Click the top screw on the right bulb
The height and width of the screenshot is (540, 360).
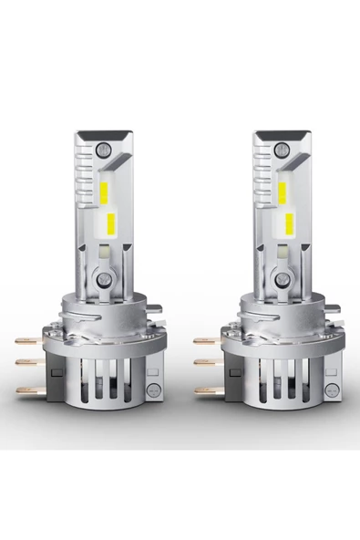[279, 145]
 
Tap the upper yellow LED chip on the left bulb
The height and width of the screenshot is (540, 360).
[108, 190]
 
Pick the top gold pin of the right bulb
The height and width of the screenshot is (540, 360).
[207, 340]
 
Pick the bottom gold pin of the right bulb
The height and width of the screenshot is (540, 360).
[207, 390]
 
